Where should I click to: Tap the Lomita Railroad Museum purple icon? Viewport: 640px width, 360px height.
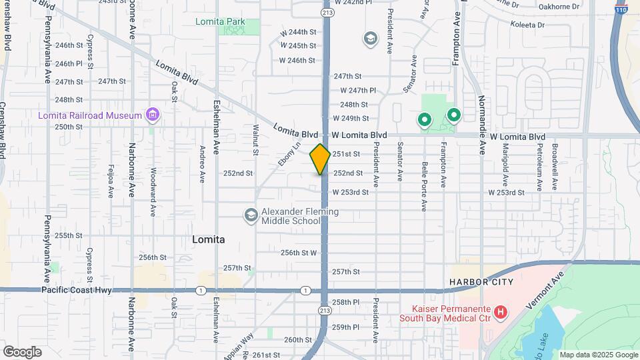click(153, 115)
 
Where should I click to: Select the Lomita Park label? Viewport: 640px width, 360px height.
click(220, 22)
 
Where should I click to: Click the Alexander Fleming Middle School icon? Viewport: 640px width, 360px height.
click(251, 215)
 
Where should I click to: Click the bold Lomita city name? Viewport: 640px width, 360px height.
click(208, 239)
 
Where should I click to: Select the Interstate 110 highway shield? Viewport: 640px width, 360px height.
click(621, 9)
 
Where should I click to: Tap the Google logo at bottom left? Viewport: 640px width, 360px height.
click(22, 352)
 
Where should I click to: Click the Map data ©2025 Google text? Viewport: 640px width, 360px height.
click(598, 355)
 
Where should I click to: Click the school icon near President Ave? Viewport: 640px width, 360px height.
click(369, 39)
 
